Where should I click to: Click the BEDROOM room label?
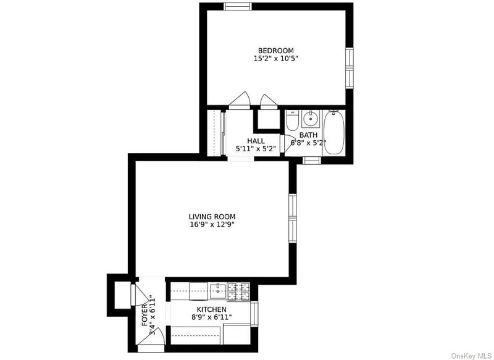pos(275,51)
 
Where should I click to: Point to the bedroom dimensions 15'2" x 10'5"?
pos(275,59)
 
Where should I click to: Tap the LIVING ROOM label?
pos(212,217)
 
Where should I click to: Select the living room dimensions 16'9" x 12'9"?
pos(212,225)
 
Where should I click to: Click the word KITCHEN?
pos(212,309)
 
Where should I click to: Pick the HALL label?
pos(256,141)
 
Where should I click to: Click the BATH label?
pos(308,135)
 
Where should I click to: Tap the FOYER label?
pos(144,315)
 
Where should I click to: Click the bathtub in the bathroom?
pos(334,132)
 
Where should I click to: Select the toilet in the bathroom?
pos(293,120)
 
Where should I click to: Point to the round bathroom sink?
pos(311,119)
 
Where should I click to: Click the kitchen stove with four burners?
pos(238,291)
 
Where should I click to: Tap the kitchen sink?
pos(218,290)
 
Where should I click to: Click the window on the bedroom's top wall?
pos(238,6)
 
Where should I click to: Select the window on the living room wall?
pos(293,218)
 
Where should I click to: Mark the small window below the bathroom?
pos(312,161)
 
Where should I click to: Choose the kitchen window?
pos(254,314)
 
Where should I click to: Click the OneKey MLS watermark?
pos(471,356)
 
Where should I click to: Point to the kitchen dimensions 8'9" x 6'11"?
pos(212,317)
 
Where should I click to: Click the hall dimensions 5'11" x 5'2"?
pos(256,149)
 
